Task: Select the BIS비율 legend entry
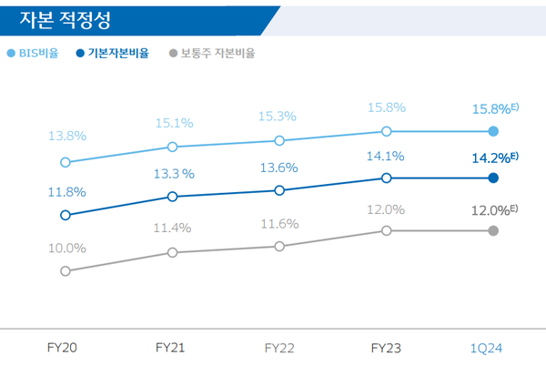coord(37,53)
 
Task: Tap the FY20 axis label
coord(64,347)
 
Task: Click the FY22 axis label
coord(280,347)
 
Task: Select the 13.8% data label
coord(67,136)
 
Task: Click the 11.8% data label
coord(66,191)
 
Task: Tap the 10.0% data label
coord(67,248)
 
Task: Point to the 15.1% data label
coord(172,118)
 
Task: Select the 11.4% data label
coord(171,228)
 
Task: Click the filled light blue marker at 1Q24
coord(493,131)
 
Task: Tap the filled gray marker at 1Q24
coord(493,230)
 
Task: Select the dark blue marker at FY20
coord(65,215)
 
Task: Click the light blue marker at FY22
coord(279,140)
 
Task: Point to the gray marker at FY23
coord(387,230)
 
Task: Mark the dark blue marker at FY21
coord(172,196)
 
